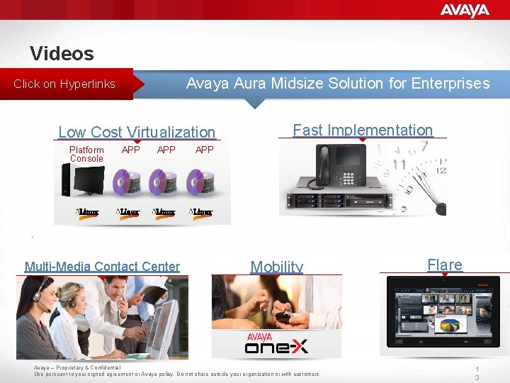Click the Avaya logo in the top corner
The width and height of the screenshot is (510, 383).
(x=465, y=11)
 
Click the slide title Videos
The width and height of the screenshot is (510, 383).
(x=62, y=53)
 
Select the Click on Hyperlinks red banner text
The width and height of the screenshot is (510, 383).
(x=64, y=84)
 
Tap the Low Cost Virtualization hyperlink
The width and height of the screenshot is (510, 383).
(x=137, y=132)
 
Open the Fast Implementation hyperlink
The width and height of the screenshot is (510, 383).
(x=363, y=130)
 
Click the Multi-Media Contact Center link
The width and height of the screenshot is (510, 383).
(x=102, y=267)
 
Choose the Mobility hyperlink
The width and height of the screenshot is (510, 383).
(x=277, y=267)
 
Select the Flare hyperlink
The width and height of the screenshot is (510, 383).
(x=445, y=265)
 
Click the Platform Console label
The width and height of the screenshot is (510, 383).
(x=86, y=154)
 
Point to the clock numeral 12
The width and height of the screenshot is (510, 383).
(x=441, y=170)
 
